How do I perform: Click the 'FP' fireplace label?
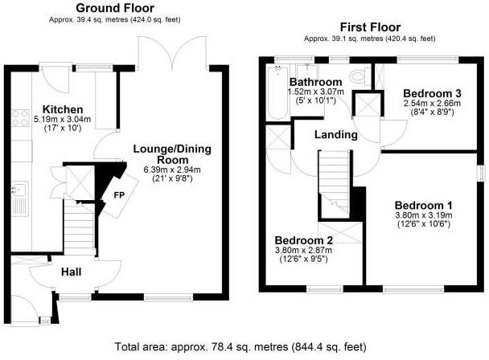click(118, 194)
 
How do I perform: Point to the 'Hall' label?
click(72, 273)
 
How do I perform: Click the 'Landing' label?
click(335, 135)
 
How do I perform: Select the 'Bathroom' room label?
click(316, 82)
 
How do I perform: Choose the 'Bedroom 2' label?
click(304, 240)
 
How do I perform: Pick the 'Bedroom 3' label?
click(432, 92)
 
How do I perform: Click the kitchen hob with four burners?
click(21, 121)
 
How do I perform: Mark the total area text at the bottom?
click(244, 347)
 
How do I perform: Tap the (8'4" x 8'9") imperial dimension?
click(432, 113)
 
